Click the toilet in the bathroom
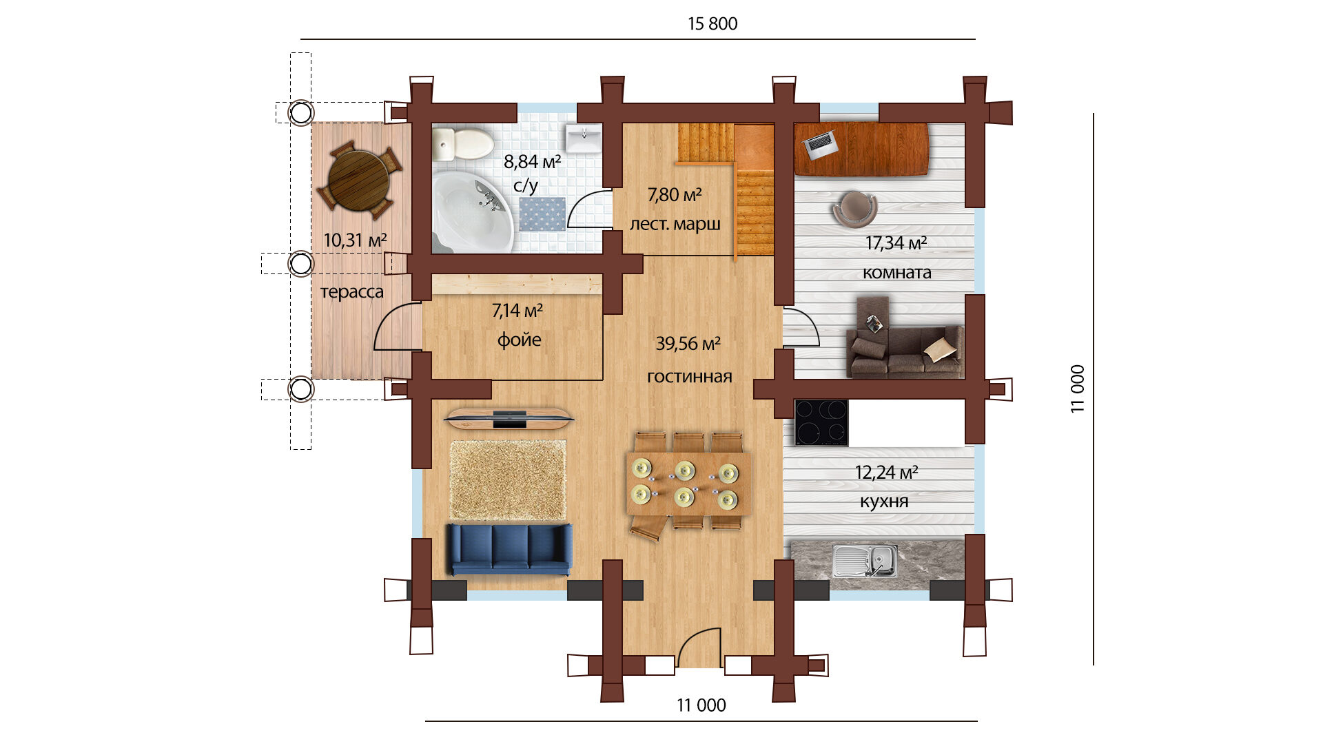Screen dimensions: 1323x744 462,143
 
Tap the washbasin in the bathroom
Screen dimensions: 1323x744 584,138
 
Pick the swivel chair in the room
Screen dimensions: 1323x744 854,208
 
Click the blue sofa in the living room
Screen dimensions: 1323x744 509,549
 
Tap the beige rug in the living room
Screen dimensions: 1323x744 508,480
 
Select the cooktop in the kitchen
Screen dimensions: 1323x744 821,422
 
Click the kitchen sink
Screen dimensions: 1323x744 865,560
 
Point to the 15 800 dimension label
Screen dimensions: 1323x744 712,23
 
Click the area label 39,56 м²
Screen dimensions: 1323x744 688,343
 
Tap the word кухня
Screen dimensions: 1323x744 884,502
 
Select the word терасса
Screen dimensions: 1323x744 352,292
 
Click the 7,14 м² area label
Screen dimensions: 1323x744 517,311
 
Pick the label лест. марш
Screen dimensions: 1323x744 675,225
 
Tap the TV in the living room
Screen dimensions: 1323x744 509,417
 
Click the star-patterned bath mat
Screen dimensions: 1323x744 542,214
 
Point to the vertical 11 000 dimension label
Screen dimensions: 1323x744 1078,389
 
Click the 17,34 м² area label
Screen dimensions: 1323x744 896,243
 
